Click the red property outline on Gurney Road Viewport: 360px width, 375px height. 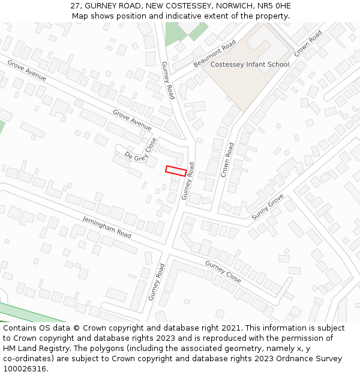[176, 171]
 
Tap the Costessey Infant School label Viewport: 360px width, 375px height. [250, 64]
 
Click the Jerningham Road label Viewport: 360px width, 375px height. [107, 226]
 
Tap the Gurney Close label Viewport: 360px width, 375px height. [223, 272]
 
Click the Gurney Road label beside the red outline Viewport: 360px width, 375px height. [188, 181]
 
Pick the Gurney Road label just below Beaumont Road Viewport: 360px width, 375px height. [167, 80]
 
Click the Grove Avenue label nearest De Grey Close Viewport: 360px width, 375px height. [132, 120]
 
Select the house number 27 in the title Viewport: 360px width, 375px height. [75, 5]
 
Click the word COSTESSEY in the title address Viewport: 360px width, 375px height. [181, 5]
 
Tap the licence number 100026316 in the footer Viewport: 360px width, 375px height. [25, 369]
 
